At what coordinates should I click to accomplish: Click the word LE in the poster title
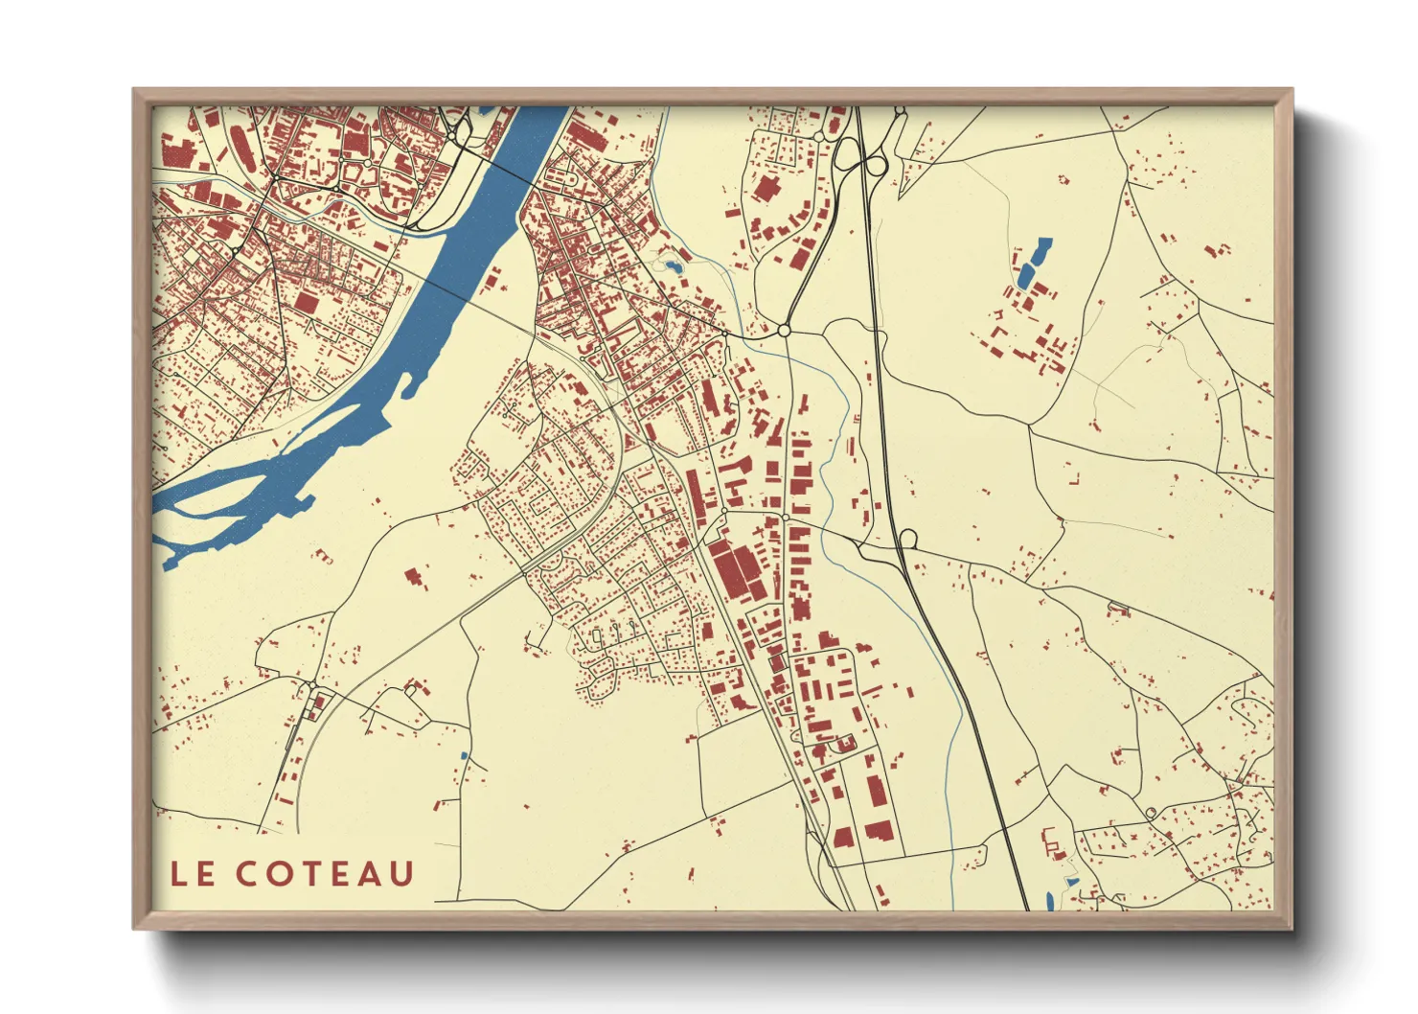click(192, 874)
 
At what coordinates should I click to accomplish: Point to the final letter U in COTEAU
click(401, 874)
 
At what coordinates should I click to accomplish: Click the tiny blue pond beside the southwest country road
click(464, 756)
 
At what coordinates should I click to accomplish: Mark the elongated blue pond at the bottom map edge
click(1050, 901)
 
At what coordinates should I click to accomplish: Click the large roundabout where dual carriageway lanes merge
click(784, 330)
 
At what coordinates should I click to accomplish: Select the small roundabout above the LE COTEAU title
click(314, 684)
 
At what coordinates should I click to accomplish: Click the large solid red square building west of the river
click(306, 303)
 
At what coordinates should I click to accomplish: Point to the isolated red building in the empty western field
click(414, 577)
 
